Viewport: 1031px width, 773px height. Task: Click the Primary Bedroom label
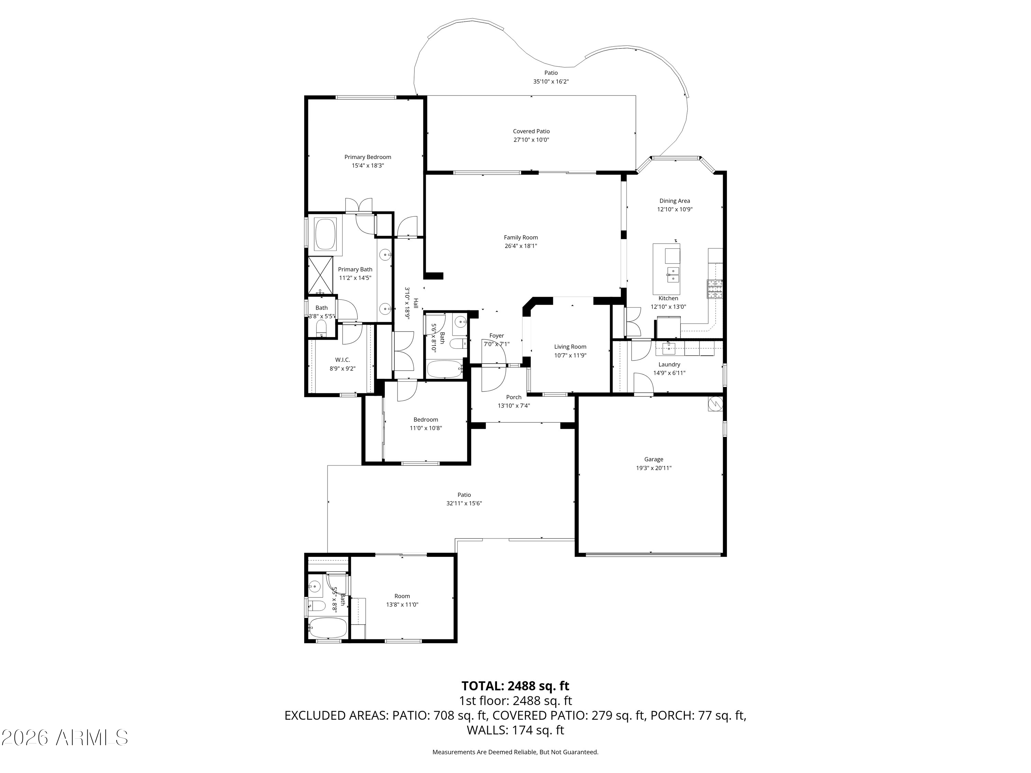click(368, 157)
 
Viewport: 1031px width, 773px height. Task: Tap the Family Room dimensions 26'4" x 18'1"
click(521, 246)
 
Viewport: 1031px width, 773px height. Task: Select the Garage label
click(653, 459)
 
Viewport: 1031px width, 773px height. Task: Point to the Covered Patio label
click(531, 131)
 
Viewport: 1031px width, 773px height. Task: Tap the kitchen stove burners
click(714, 289)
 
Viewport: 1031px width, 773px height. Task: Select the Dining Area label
click(674, 201)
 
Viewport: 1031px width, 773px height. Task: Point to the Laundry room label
click(669, 365)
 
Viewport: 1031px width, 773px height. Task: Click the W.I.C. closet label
click(343, 360)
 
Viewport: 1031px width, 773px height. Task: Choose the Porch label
click(514, 397)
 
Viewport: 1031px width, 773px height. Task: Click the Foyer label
click(496, 335)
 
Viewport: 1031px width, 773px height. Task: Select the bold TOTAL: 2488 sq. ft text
click(515, 686)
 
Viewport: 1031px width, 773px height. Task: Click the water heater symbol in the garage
click(714, 404)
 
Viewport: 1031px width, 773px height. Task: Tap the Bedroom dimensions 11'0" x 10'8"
click(425, 428)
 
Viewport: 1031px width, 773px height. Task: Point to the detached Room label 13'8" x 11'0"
click(402, 596)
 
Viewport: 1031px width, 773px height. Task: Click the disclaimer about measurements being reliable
click(515, 752)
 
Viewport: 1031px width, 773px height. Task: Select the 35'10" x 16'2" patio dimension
click(551, 81)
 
